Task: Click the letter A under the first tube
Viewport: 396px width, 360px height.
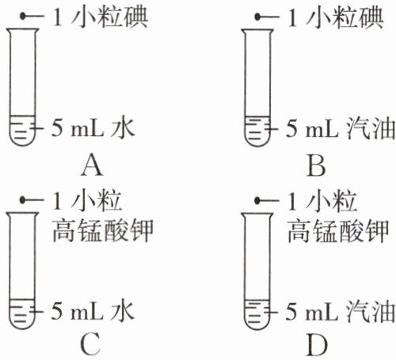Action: [x=92, y=165]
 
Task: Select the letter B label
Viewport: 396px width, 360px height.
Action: [x=316, y=165]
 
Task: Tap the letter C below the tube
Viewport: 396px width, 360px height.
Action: [x=90, y=344]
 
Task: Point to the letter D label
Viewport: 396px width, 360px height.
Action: [x=317, y=344]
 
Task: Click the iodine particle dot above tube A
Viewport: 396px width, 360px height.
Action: [x=23, y=17]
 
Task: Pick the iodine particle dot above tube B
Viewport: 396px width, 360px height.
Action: [x=257, y=17]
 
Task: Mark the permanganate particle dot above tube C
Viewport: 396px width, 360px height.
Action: [x=23, y=200]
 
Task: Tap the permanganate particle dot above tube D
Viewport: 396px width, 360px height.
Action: [x=257, y=201]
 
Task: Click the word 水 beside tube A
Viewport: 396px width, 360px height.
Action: [x=123, y=129]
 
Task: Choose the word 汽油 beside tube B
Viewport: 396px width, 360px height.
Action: [x=371, y=129]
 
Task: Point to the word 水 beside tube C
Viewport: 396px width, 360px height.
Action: [x=123, y=312]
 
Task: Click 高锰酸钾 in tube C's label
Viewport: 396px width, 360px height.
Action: [x=103, y=230]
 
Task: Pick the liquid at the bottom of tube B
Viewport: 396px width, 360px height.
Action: [x=257, y=131]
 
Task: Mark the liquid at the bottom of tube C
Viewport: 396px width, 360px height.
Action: [x=22, y=314]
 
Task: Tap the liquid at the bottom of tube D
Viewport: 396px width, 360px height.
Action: [x=257, y=314]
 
